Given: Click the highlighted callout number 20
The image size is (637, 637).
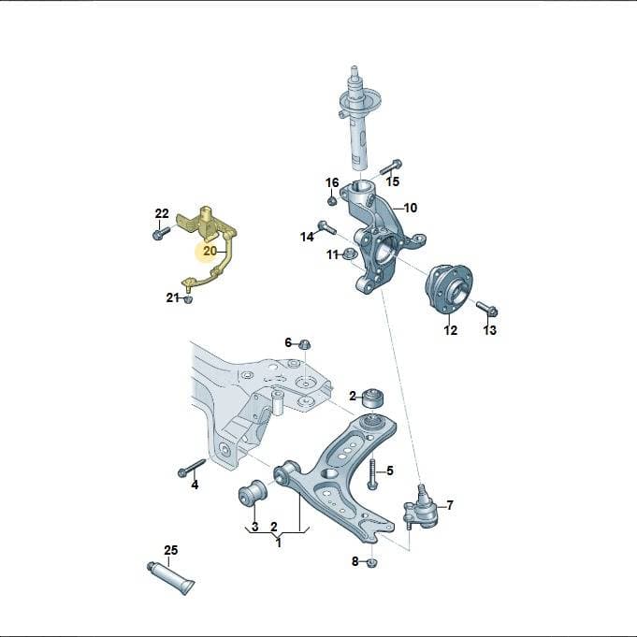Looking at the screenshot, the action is pyautogui.click(x=210, y=251).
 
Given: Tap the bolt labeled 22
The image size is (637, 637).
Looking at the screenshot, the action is pyautogui.click(x=161, y=233).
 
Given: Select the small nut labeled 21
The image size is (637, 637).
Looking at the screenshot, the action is pyautogui.click(x=187, y=300).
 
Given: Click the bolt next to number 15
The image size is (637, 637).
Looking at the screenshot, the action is pyautogui.click(x=391, y=167).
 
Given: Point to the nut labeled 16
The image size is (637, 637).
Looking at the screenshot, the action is pyautogui.click(x=332, y=201).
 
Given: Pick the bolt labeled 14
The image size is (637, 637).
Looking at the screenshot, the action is pyautogui.click(x=326, y=226).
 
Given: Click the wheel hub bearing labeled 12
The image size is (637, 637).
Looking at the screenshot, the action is pyautogui.click(x=449, y=288).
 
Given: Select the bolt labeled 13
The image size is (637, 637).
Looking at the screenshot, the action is pyautogui.click(x=487, y=309).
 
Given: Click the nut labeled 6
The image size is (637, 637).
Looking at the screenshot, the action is pyautogui.click(x=304, y=344).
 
